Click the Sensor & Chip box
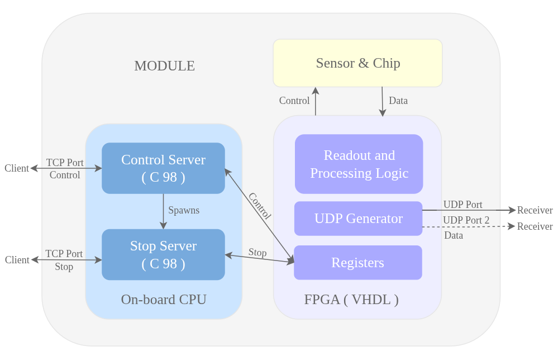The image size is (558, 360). point(357,63)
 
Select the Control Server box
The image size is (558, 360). point(163,168)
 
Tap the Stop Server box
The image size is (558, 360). point(163,254)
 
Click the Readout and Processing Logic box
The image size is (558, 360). point(359,164)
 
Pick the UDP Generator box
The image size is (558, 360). point(358,219)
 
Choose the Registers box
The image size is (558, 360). point(357,263)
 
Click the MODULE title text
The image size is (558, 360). point(164,66)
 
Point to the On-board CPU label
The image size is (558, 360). point(164,300)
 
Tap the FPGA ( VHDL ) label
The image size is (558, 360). point(351,300)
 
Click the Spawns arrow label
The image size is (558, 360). point(184,211)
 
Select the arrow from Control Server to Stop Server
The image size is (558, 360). point(163,211)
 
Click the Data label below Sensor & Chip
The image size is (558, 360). point(398,101)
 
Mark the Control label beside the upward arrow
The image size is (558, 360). point(294,101)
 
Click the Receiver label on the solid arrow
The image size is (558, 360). point(535,210)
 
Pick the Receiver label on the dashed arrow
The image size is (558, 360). point(535,226)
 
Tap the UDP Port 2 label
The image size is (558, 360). point(466,220)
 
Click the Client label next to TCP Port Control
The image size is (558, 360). point(17,168)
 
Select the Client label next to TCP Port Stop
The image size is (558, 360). point(17,260)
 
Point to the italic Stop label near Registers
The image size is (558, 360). point(257,253)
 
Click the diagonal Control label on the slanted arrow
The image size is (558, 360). point(259,206)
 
